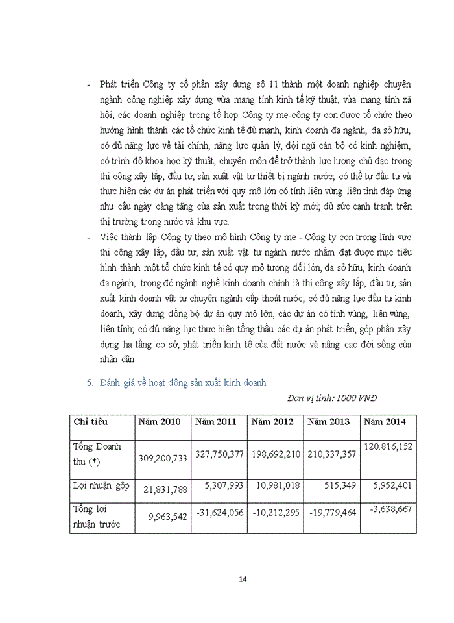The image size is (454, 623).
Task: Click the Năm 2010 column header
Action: coord(162,422)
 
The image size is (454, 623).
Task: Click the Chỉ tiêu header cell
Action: coord(91,422)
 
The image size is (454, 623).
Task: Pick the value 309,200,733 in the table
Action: coord(163,458)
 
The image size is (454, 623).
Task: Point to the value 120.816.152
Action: coord(388,446)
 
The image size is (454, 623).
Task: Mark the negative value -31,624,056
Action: coord(219,512)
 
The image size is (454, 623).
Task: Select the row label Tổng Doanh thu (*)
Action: coord(97,453)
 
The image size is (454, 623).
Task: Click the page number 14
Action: coord(243,579)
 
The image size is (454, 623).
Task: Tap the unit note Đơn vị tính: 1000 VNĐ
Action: coord(331,397)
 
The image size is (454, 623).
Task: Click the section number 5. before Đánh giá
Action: coord(90,383)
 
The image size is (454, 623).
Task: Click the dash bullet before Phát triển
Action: coord(88,85)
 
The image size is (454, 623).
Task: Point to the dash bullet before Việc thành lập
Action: coord(88,238)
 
